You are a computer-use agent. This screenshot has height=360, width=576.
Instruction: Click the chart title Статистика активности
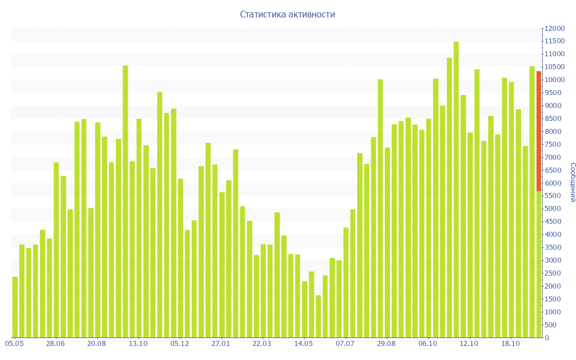click(x=287, y=15)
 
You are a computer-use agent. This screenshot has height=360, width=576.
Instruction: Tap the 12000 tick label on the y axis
click(x=553, y=29)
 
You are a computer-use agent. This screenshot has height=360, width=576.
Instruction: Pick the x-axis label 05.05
click(x=14, y=344)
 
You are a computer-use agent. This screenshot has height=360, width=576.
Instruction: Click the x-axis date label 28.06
click(x=56, y=344)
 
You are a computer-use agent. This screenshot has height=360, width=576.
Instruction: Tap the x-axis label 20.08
click(x=97, y=344)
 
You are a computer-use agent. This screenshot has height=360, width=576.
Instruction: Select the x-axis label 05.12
click(x=179, y=344)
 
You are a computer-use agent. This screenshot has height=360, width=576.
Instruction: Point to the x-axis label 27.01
click(x=221, y=344)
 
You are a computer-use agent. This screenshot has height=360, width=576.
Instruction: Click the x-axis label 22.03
click(x=262, y=344)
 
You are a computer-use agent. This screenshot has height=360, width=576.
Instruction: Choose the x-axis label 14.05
click(x=304, y=344)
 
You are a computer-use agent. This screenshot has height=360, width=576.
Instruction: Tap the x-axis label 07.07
click(x=345, y=344)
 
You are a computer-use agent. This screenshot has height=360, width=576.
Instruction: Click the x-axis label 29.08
click(x=386, y=344)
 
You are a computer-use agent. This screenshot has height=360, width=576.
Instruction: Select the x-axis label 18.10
click(x=510, y=344)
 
